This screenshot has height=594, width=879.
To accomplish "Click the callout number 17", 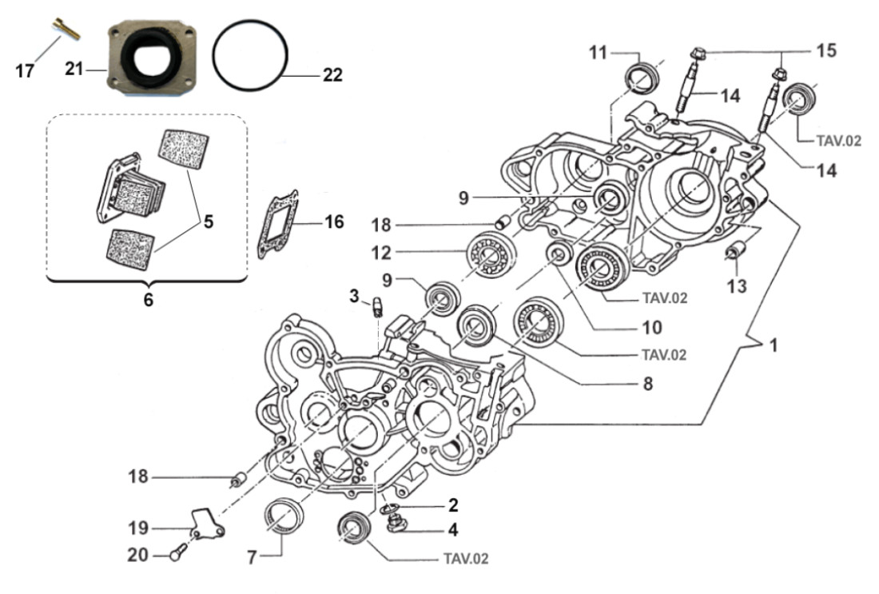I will tap(25, 71).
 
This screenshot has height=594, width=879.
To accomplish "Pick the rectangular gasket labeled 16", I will tap(277, 224).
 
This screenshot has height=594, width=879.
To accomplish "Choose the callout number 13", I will tap(737, 285).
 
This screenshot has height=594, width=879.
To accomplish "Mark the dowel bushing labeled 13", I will tap(734, 252).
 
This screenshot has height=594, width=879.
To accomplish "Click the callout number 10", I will tap(651, 326).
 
